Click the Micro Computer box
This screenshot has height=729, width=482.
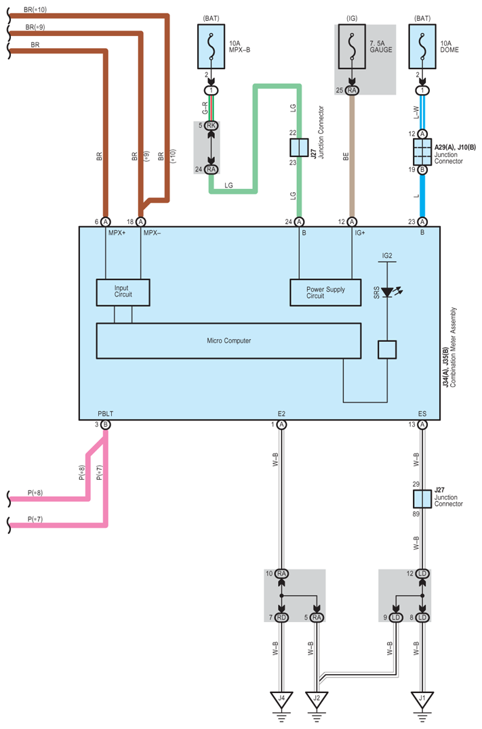click(x=228, y=340)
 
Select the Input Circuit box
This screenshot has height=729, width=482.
click(x=123, y=292)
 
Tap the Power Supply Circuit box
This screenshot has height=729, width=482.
click(x=325, y=292)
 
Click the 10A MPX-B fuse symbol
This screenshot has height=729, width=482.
click(x=212, y=47)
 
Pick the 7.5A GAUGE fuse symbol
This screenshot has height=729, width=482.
click(x=352, y=47)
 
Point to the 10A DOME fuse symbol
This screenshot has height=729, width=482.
click(x=422, y=47)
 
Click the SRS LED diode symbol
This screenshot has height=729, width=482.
click(x=388, y=292)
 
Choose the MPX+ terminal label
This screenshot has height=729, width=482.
click(x=117, y=233)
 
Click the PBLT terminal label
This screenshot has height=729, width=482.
click(x=105, y=414)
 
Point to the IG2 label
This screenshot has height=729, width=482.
click(x=387, y=256)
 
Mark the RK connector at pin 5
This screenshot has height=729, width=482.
click(x=212, y=125)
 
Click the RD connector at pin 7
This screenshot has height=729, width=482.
click(x=281, y=617)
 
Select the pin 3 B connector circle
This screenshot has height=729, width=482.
click(x=106, y=424)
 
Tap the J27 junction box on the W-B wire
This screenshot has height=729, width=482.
click(x=422, y=499)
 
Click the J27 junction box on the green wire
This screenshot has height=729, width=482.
click(x=299, y=148)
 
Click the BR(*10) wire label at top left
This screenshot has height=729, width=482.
click(x=35, y=9)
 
